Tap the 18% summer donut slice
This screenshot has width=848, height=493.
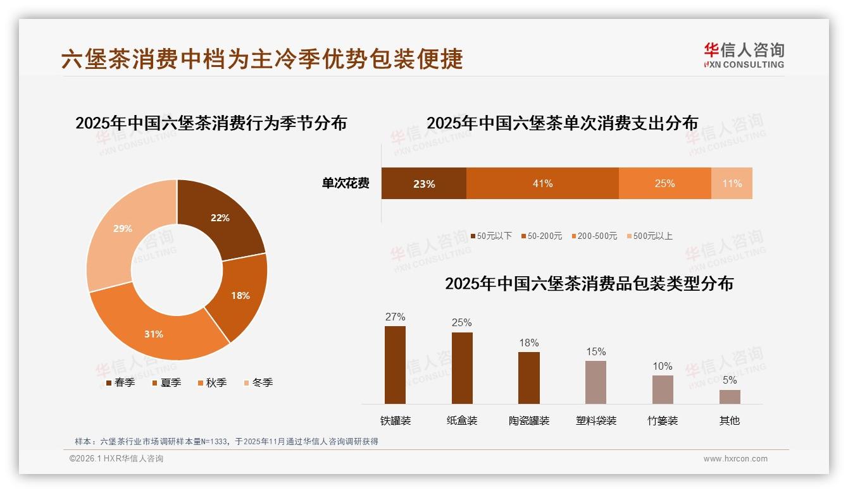pyautogui.click(x=240, y=295)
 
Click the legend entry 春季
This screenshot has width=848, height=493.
pyautogui.click(x=120, y=382)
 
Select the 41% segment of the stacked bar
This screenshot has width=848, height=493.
pyautogui.click(x=542, y=183)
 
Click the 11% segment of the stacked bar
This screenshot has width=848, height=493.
pyautogui.click(x=732, y=183)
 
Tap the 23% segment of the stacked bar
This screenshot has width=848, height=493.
pyautogui.click(x=424, y=183)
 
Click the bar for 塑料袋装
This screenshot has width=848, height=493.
pyautogui.click(x=595, y=382)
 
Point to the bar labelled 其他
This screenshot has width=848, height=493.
pyautogui.click(x=730, y=396)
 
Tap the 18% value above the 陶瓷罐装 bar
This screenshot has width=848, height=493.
pyautogui.click(x=529, y=343)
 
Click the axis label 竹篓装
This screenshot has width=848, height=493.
pyautogui.click(x=663, y=420)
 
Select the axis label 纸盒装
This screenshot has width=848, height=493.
pyautogui.click(x=462, y=420)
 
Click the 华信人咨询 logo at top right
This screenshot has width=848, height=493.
pyautogui.click(x=744, y=55)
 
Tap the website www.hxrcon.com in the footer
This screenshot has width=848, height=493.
pyautogui.click(x=735, y=459)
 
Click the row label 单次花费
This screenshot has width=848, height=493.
pyautogui.click(x=346, y=183)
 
